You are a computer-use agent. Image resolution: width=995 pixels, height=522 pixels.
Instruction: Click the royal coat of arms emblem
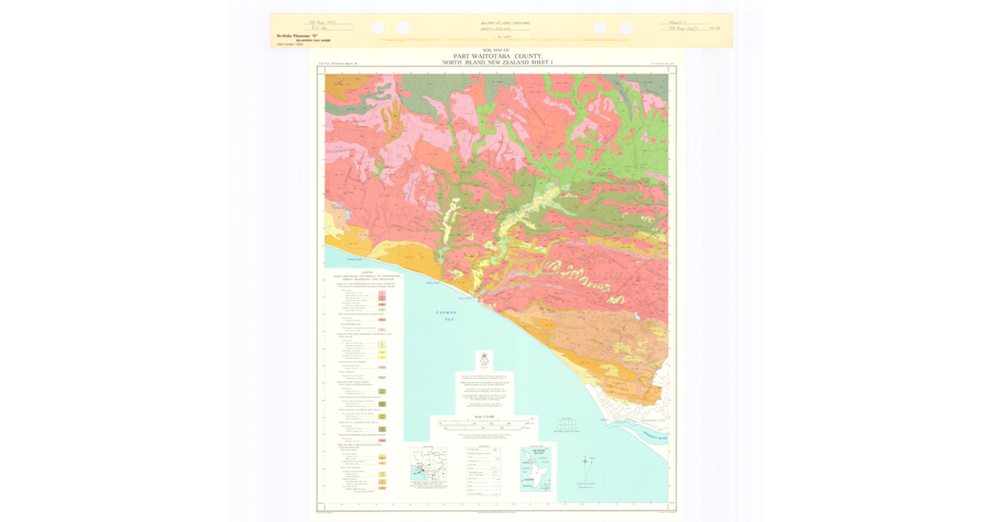(483, 360)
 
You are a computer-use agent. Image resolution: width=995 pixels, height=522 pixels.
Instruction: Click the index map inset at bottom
(429, 468)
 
